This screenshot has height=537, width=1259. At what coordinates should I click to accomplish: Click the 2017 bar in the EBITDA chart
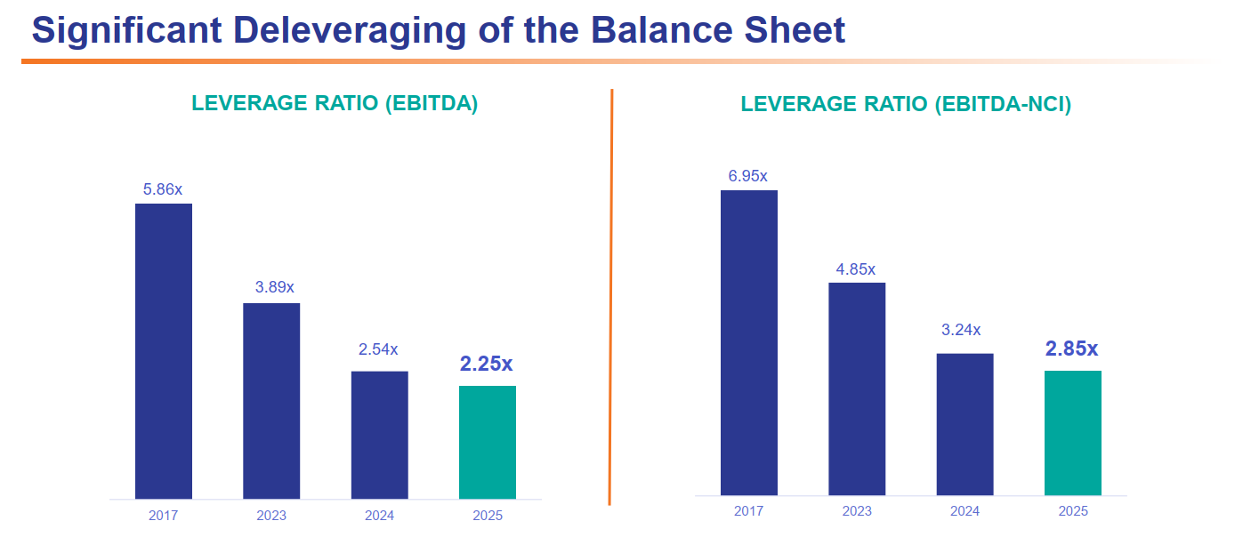pyautogui.click(x=164, y=351)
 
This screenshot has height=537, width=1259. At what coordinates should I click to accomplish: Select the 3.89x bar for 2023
pyautogui.click(x=271, y=401)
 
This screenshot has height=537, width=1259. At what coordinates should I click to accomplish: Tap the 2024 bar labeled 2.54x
pyautogui.click(x=379, y=435)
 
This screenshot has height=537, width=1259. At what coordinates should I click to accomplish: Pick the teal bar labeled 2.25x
pyautogui.click(x=488, y=442)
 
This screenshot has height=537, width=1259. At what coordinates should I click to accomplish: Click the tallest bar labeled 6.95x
pyautogui.click(x=749, y=342)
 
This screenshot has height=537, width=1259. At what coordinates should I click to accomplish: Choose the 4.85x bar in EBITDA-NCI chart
pyautogui.click(x=857, y=389)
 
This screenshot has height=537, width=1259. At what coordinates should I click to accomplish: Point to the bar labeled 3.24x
pyautogui.click(x=965, y=424)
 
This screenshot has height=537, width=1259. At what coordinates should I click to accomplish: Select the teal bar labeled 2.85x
pyautogui.click(x=1073, y=433)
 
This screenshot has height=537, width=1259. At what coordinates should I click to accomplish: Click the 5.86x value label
pyautogui.click(x=163, y=189)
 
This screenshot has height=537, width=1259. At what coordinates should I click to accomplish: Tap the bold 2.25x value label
pyautogui.click(x=486, y=364)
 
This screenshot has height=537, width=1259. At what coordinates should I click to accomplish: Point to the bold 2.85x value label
pyautogui.click(x=1072, y=349)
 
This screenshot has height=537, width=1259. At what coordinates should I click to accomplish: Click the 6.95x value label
pyautogui.click(x=748, y=176)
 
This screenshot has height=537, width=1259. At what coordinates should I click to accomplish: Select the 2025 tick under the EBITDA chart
pyautogui.click(x=488, y=515)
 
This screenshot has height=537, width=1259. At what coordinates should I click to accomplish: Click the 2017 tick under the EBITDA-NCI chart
pyautogui.click(x=748, y=510)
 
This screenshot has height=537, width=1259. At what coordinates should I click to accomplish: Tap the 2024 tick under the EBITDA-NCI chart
pyautogui.click(x=965, y=510)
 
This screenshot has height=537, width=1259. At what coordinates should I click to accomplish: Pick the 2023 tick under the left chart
pyautogui.click(x=271, y=515)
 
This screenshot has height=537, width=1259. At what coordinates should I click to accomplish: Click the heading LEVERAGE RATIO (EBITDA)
pyautogui.click(x=335, y=103)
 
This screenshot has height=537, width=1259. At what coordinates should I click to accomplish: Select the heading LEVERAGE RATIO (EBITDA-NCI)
pyautogui.click(x=906, y=104)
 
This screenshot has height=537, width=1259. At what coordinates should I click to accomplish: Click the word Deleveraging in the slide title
pyautogui.click(x=350, y=30)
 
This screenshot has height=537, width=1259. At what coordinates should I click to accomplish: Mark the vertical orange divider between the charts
pyautogui.click(x=610, y=297)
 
